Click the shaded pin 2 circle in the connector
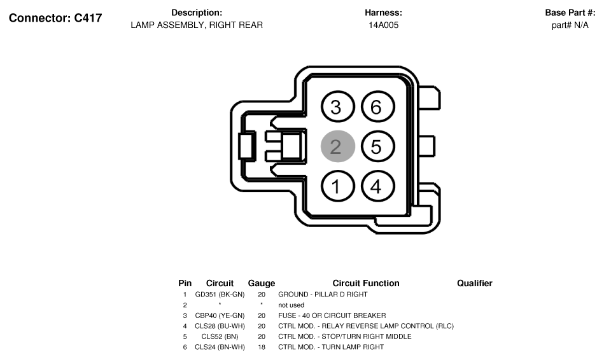[338, 146]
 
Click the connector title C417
[55, 18]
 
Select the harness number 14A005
[383, 25]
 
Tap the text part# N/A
[570, 25]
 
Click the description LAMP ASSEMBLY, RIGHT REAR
[197, 25]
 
